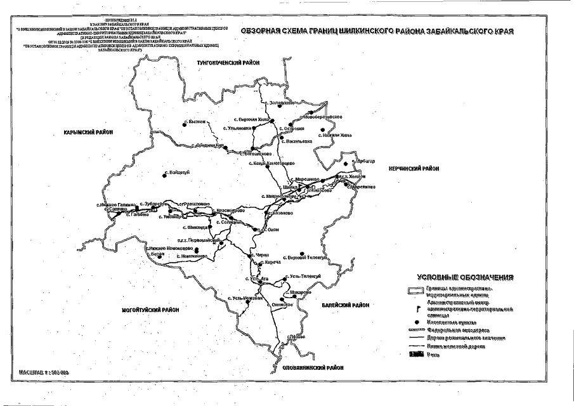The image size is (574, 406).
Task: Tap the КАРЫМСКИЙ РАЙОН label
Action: pyautogui.click(x=88, y=133)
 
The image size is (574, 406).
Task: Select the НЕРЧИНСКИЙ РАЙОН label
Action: pyautogui.click(x=414, y=168)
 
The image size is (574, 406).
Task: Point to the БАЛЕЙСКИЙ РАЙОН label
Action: pyautogui.click(x=345, y=305)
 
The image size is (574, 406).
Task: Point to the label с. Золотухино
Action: pyautogui.click(x=283, y=103)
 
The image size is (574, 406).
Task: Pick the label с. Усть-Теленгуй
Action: pyautogui.click(x=306, y=276)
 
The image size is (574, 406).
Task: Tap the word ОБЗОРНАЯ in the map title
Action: pyautogui.click(x=261, y=30)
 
